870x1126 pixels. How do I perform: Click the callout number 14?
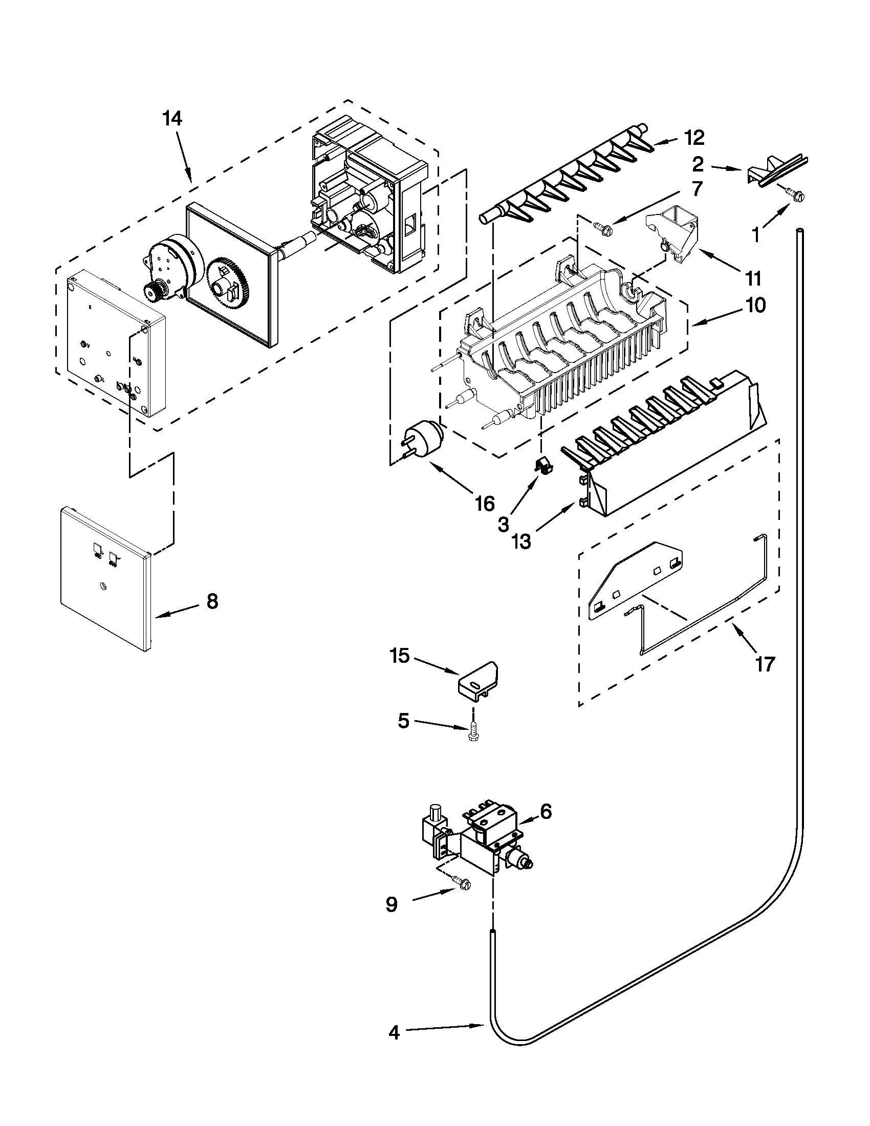tap(172, 119)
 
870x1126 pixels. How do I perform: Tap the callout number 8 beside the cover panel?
tap(212, 601)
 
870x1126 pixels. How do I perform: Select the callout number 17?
tap(765, 664)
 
